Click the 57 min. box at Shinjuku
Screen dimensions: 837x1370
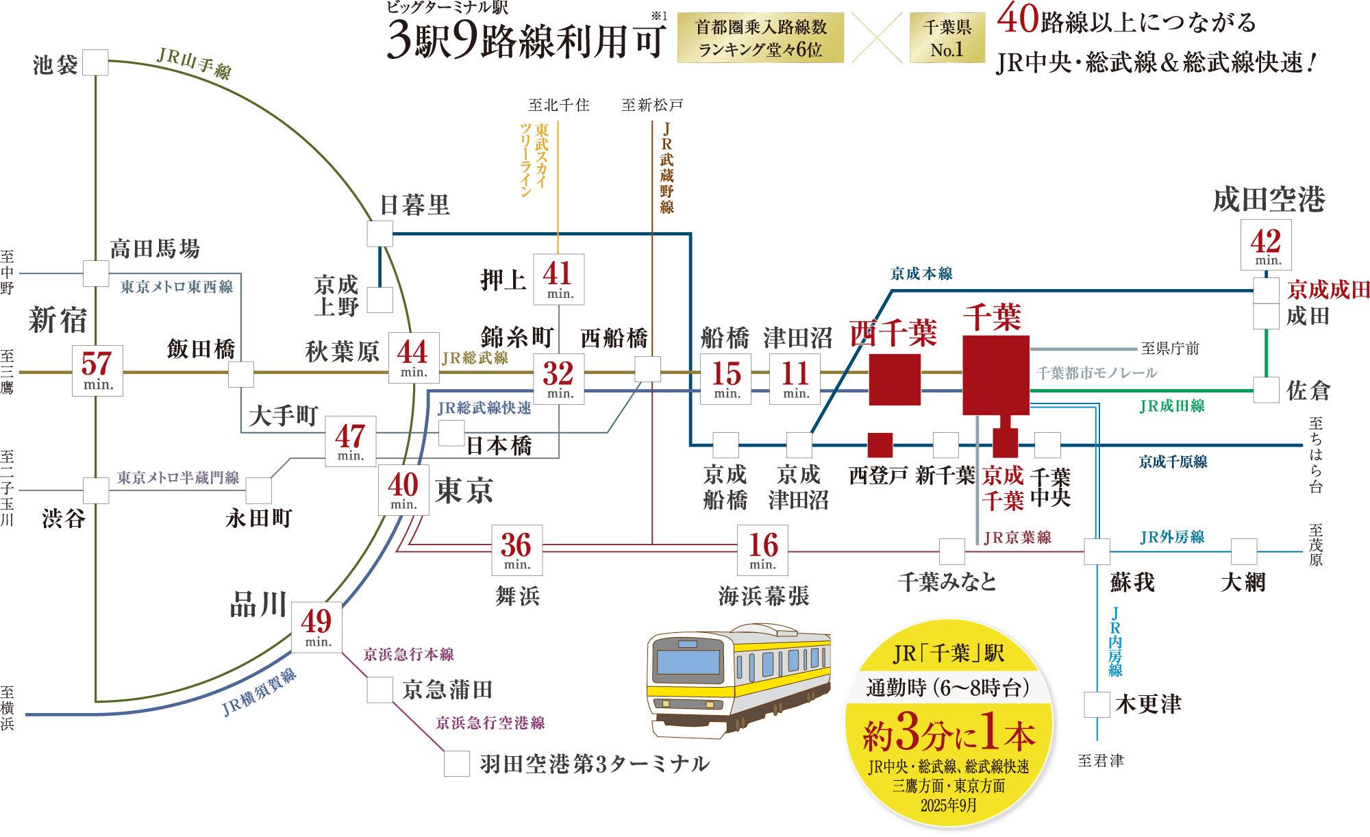point(97,371)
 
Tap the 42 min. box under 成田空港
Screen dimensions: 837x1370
point(1266,245)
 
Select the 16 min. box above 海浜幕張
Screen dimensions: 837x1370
point(762,550)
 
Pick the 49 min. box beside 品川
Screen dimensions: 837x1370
point(316,627)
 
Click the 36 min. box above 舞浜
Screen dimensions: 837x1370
point(516,550)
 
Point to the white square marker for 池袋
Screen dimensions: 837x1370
point(95,62)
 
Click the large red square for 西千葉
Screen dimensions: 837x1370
point(895,379)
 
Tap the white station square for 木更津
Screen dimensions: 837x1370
point(1097,705)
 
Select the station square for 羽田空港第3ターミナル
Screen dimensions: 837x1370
point(457,764)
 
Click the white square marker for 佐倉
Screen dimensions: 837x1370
point(1266,390)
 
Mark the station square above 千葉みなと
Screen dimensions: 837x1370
point(952,551)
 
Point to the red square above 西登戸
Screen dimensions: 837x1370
point(880,445)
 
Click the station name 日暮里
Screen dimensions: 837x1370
point(415,205)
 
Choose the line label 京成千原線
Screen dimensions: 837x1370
point(1173,462)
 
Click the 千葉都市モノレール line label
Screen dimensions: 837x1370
point(1097,373)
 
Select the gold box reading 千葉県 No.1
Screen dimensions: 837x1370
point(947,38)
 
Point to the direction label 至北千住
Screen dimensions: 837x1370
point(558,105)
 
